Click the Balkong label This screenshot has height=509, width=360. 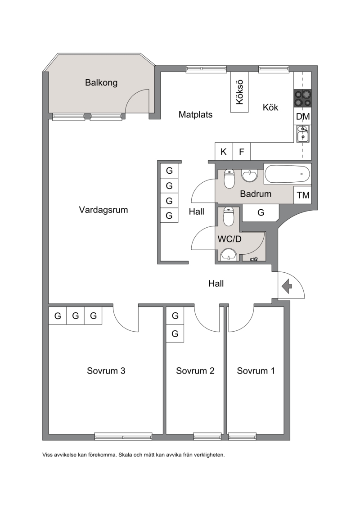101,82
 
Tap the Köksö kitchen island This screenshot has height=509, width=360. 239,92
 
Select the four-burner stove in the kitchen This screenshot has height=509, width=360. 302,99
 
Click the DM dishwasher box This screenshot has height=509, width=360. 303,116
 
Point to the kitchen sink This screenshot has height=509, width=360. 303,134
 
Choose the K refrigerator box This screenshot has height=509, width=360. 224,151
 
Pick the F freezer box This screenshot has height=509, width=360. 242,151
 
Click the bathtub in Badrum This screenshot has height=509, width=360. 287,174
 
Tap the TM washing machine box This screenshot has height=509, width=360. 303,195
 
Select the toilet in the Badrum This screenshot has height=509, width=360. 229,179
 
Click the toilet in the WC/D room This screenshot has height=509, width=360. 229,217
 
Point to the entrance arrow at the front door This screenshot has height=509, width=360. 287,286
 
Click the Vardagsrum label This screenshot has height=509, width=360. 103,210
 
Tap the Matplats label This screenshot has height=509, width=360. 195,115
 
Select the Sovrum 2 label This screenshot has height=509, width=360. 195,371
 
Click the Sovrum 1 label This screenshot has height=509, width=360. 256,371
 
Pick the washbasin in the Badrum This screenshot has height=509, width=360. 249,176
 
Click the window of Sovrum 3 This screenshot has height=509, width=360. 123,436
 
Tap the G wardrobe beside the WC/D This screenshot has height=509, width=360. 261,212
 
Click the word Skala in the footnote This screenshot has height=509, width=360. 126,455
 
